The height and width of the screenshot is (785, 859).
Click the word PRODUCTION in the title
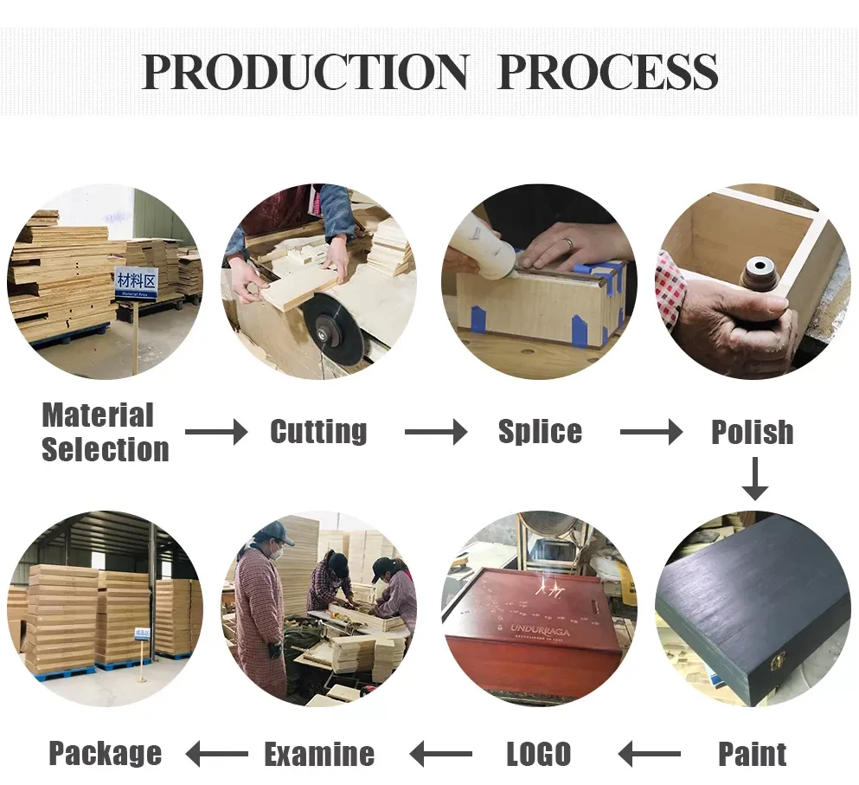point(304,73)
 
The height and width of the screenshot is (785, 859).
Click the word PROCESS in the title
point(608,73)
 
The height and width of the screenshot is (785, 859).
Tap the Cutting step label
point(318,431)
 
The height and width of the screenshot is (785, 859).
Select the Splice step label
point(540,431)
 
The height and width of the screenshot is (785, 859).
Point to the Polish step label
point(752,432)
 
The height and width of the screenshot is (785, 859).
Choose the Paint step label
point(753,754)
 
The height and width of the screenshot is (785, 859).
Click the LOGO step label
point(539,754)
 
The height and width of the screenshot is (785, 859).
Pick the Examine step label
point(319,754)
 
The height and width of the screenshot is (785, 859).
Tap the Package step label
point(105,754)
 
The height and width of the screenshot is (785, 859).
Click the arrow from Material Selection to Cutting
point(215,432)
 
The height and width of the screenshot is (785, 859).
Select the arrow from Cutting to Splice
point(435,432)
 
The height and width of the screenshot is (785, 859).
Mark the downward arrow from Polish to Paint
point(754,479)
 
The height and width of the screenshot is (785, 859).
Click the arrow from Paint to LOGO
point(650,755)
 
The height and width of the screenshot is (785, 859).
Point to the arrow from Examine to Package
point(217,755)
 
